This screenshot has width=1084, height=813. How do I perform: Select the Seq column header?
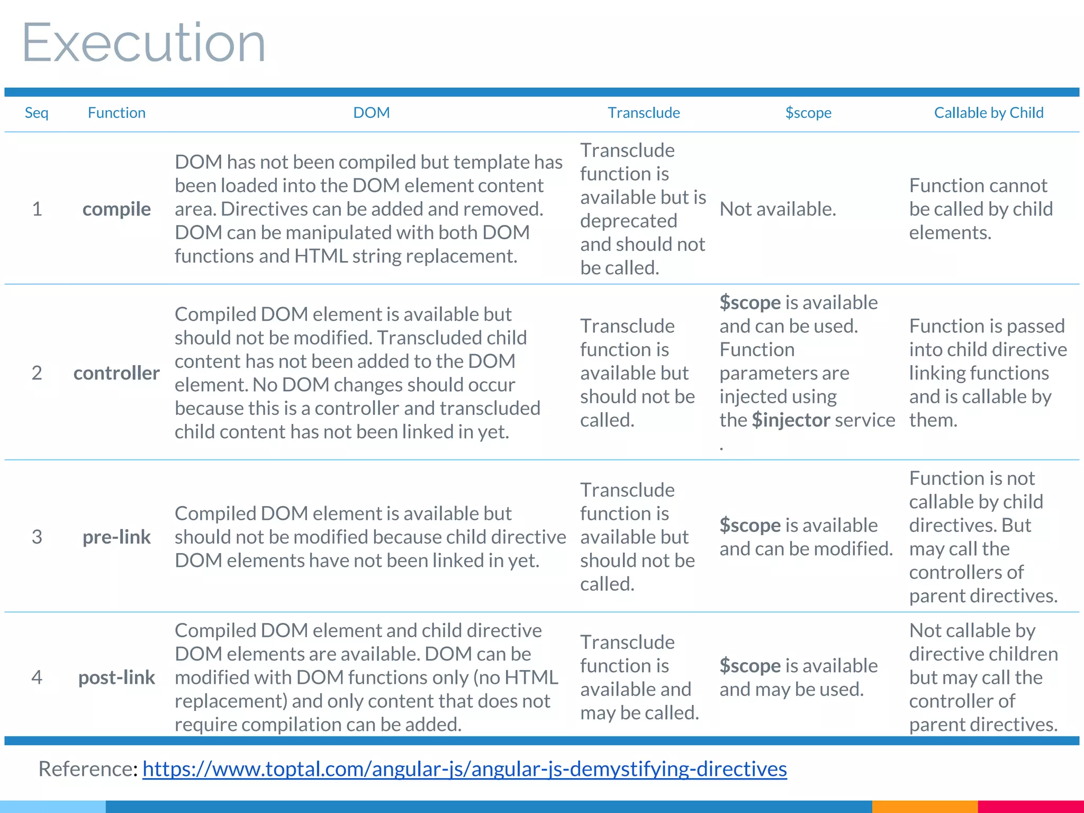(x=37, y=113)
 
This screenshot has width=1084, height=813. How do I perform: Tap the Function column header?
(x=116, y=113)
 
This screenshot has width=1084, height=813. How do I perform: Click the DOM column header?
(x=371, y=113)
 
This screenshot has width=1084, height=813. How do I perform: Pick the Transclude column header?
(x=644, y=113)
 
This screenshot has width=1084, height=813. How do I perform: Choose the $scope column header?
(x=808, y=113)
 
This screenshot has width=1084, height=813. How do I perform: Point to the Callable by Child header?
(x=988, y=113)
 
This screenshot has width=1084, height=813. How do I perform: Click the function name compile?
(x=116, y=209)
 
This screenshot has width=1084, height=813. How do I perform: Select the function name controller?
(x=116, y=373)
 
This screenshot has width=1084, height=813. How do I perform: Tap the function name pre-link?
(x=116, y=537)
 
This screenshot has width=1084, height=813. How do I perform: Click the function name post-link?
(x=116, y=677)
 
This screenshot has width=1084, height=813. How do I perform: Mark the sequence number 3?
(x=37, y=537)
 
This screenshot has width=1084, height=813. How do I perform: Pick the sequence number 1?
(x=37, y=209)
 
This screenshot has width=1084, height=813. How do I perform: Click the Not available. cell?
(x=778, y=209)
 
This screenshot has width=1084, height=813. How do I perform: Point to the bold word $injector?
(x=791, y=420)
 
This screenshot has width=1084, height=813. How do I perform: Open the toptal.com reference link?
(x=464, y=769)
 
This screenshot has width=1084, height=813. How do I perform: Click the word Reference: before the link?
(x=88, y=769)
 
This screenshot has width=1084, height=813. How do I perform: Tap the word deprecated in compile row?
(x=628, y=221)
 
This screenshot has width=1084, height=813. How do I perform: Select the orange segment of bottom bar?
(x=924, y=807)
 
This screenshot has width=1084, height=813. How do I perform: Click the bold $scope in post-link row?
(x=749, y=666)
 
